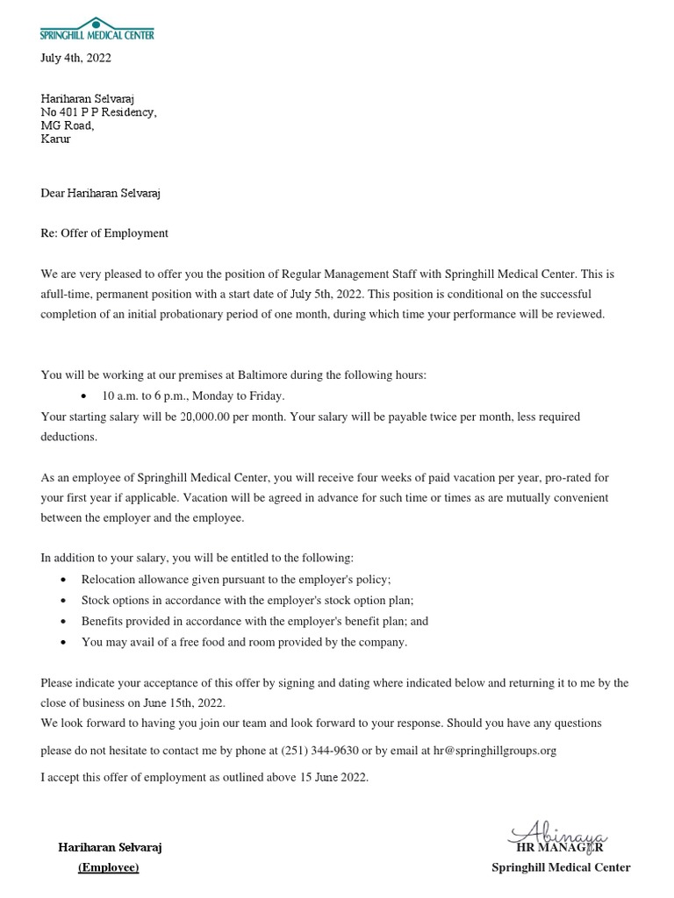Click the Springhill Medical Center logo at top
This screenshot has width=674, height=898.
tap(97, 29)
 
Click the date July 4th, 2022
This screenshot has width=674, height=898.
tap(76, 59)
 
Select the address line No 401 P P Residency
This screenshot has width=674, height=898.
tap(98, 112)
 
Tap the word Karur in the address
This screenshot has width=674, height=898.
tap(55, 139)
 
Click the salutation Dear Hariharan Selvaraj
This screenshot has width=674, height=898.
tap(100, 193)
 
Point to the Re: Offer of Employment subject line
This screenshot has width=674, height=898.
tap(104, 233)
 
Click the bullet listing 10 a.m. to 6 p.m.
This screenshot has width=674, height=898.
tap(193, 396)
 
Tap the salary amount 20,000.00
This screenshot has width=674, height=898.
tap(204, 417)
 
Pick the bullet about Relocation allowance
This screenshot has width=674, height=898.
tap(235, 580)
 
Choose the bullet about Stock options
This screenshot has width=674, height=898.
tap(247, 601)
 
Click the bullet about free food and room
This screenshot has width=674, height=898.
tap(244, 642)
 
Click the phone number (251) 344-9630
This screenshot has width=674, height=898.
tap(320, 751)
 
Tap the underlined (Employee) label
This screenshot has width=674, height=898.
tap(109, 867)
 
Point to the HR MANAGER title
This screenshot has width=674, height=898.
tap(559, 848)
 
